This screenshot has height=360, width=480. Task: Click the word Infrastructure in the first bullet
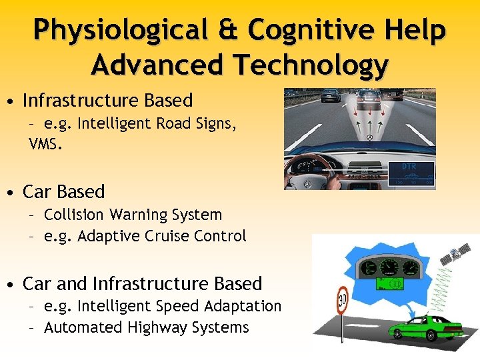(x=80, y=101)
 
